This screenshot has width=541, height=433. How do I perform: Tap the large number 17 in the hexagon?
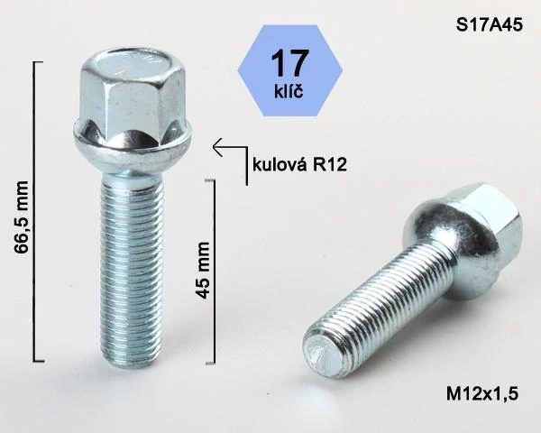tap(289, 62)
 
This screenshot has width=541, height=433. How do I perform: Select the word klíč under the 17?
tap(289, 90)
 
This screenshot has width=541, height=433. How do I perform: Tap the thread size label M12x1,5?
tap(482, 392)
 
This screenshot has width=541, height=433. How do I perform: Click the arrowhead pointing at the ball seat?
tap(215, 143)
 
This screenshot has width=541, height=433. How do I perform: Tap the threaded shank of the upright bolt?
tap(125, 262)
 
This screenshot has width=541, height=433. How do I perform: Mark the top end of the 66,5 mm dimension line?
tap(36, 62)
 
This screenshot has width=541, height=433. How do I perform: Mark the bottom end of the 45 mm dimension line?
tap(214, 362)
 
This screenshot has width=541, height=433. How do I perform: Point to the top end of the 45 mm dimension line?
tap(214, 180)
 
